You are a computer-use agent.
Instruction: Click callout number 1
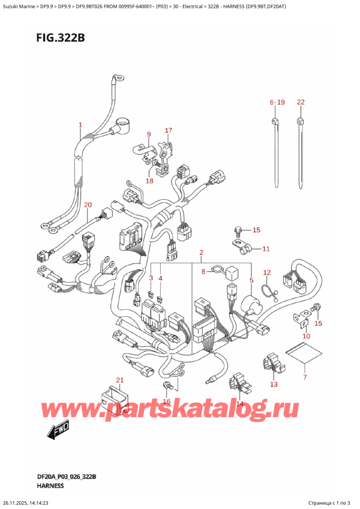(80, 125)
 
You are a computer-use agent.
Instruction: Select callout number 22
(301, 102)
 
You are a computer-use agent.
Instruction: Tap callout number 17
(168, 130)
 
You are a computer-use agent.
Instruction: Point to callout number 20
(88, 205)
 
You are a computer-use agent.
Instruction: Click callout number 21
(119, 380)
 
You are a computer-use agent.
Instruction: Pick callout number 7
(304, 377)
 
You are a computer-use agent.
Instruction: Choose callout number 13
(274, 384)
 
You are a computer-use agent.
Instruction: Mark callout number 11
(266, 248)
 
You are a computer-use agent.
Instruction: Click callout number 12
(267, 273)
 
